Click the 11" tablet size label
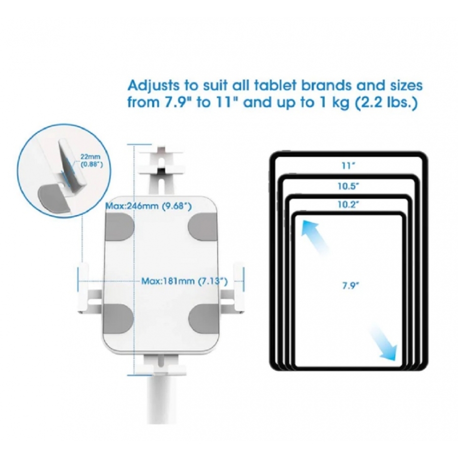pyautogui.click(x=348, y=166)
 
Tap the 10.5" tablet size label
pyautogui.click(x=348, y=186)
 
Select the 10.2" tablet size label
pyautogui.click(x=348, y=205)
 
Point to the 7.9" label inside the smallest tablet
pyautogui.click(x=351, y=285)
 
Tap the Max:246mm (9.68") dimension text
pyautogui.click(x=149, y=206)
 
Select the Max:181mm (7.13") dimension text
pyautogui.click(x=184, y=281)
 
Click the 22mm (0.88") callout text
pyautogui.click(x=92, y=161)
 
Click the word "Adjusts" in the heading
pyautogui.click(x=154, y=86)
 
